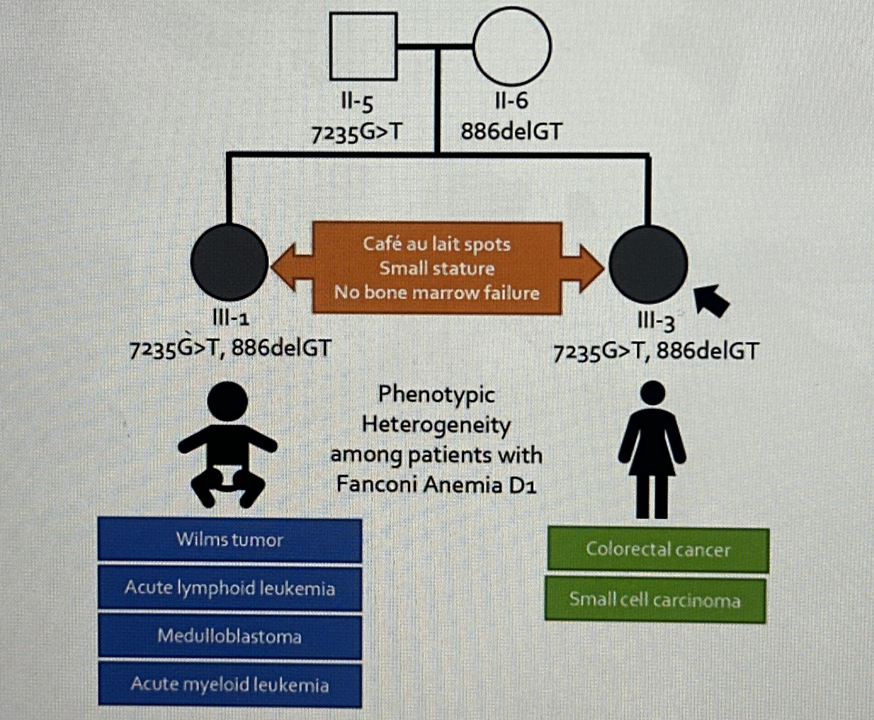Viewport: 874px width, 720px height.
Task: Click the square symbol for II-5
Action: [363, 46]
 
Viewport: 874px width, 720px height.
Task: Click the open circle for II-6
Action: [512, 46]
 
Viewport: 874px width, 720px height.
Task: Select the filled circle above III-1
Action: [229, 262]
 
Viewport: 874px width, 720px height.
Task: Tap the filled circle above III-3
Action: [648, 264]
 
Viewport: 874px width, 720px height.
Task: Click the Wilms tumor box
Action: [229, 540]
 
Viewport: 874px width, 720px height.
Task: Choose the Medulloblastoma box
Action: [229, 636]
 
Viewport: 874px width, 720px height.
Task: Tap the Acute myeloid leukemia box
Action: [229, 684]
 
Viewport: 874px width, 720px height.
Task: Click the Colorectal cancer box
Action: [658, 550]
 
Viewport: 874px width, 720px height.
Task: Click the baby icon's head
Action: [227, 402]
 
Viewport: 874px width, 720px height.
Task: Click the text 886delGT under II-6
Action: [511, 132]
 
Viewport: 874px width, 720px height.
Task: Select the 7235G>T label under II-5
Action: [357, 133]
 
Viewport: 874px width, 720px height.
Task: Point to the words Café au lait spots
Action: [437, 244]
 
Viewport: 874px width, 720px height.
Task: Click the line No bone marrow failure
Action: [437, 293]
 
